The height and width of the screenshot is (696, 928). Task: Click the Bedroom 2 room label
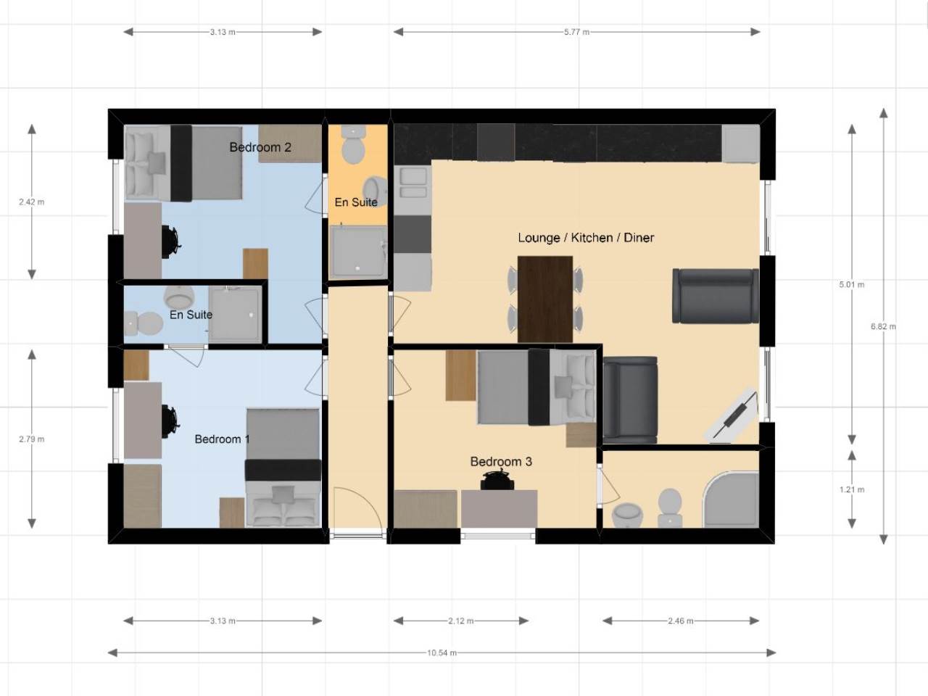click(260, 147)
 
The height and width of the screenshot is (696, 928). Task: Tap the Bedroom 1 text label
click(222, 439)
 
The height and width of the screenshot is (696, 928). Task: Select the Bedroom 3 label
click(501, 462)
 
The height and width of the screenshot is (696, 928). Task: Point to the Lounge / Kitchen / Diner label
click(586, 238)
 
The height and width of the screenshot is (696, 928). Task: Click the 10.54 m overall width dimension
click(442, 653)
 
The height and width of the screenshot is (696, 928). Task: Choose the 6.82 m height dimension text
click(883, 326)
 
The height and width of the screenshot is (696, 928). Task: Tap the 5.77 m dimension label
click(576, 32)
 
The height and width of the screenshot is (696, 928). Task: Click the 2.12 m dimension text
click(461, 621)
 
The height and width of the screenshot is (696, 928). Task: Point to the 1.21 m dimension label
click(852, 489)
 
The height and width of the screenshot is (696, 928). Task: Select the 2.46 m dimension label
click(681, 621)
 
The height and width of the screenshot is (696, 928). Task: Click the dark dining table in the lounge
click(545, 299)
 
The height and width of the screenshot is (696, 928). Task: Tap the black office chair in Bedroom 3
click(497, 480)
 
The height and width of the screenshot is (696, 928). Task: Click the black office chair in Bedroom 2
click(171, 241)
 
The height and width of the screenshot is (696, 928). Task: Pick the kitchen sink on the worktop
click(413, 183)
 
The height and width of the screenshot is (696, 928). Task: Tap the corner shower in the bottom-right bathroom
click(731, 500)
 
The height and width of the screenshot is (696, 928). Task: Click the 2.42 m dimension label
click(32, 202)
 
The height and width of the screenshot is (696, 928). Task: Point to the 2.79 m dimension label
click(32, 439)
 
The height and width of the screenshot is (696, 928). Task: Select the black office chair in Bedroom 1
click(171, 421)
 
